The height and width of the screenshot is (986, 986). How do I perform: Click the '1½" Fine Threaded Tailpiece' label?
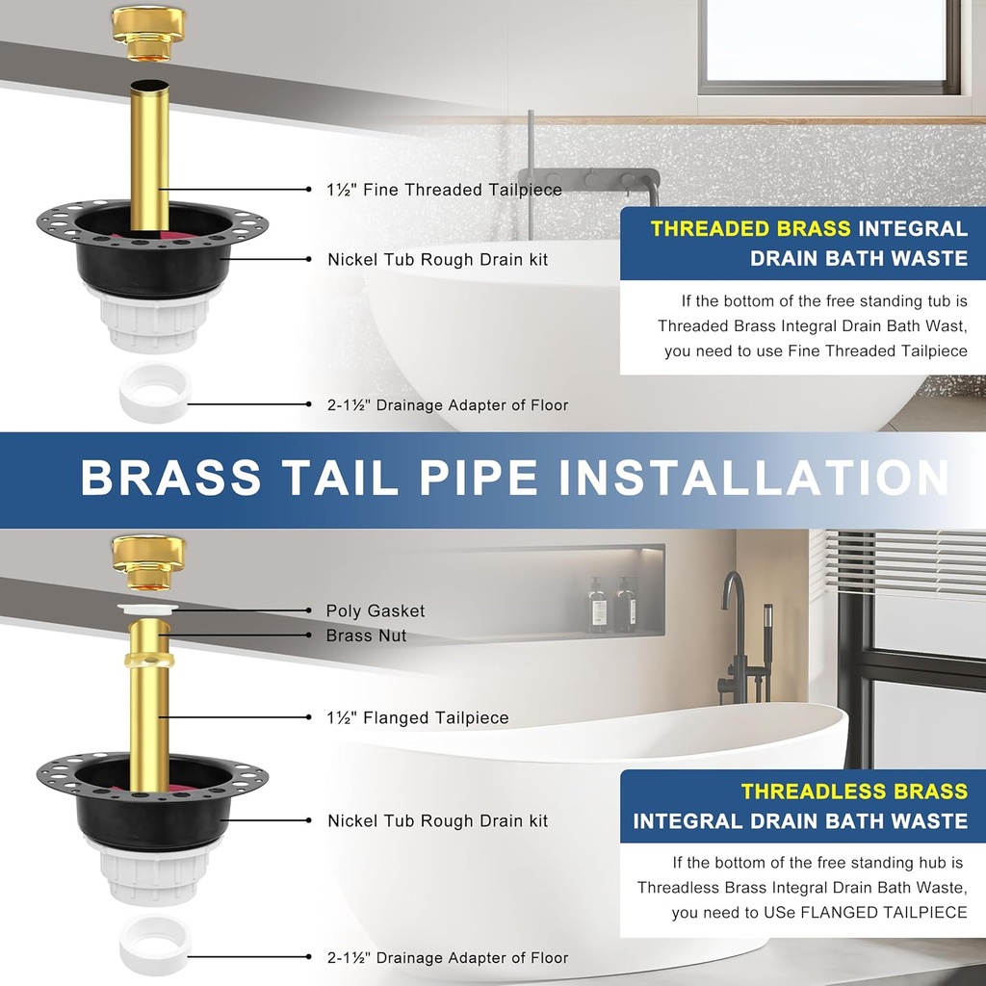[x=444, y=190]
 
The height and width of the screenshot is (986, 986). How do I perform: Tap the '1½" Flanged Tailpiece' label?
[x=418, y=717]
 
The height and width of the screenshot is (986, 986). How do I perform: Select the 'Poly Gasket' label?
[x=375, y=610]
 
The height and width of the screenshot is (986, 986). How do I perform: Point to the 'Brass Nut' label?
[x=366, y=636]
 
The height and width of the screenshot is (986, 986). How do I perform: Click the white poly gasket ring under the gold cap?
[x=148, y=609]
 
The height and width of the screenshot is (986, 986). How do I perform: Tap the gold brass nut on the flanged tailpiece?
[x=149, y=662]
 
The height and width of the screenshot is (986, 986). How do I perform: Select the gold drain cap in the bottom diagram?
[x=148, y=562]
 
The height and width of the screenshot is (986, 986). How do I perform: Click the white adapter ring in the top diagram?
[x=155, y=394]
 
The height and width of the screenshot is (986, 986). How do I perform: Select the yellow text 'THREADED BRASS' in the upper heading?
[x=750, y=229]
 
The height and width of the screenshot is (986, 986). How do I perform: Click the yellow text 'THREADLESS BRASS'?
[x=853, y=791]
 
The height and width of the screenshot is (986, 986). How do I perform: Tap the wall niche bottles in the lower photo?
[x=611, y=604]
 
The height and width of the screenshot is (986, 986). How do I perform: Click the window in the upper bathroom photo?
[x=828, y=43]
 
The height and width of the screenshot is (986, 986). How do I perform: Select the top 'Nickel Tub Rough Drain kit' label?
[x=437, y=259]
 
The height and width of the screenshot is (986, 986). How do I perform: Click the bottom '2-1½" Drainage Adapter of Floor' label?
[x=448, y=957]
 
